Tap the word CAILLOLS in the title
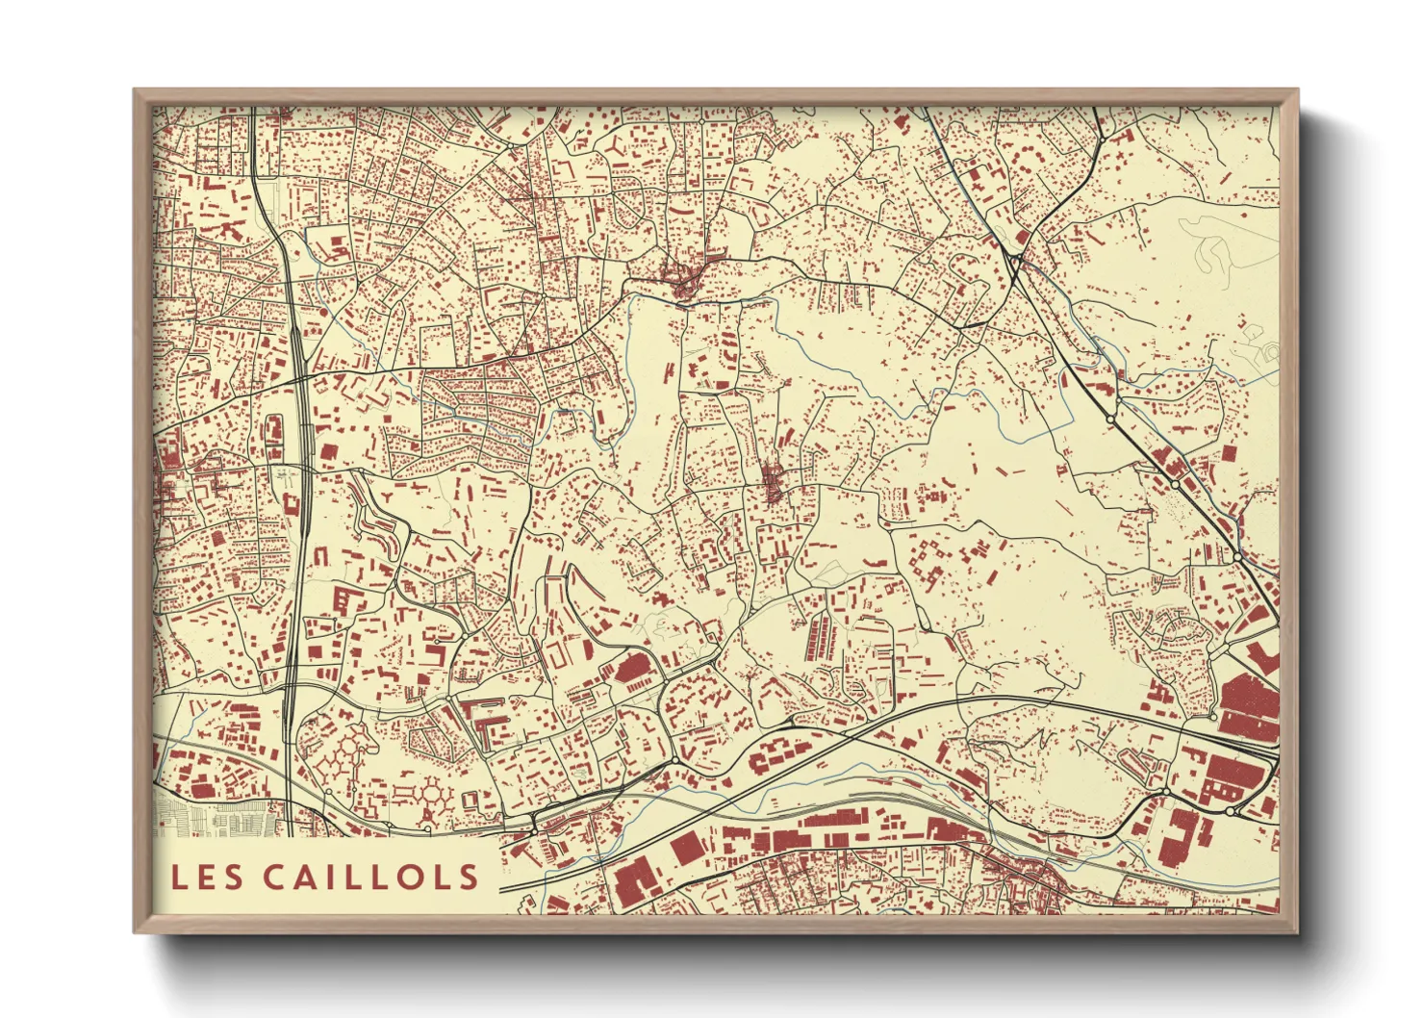pyautogui.click(x=370, y=877)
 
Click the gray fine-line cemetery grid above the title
pyautogui.click(x=216, y=819)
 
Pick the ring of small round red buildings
pyautogui.click(x=435, y=794)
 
